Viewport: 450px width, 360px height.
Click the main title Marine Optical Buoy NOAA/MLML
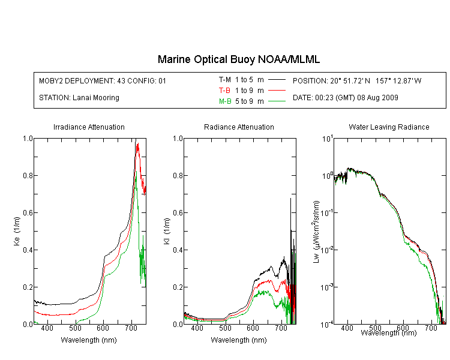point(238,59)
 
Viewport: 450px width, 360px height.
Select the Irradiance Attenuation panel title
point(89,127)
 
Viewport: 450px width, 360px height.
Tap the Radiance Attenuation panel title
point(239,127)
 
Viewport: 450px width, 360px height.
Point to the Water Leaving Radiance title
point(389,127)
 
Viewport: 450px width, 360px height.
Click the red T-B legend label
point(224,91)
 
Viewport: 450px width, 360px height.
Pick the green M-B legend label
point(225,101)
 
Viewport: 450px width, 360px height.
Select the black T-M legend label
point(225,80)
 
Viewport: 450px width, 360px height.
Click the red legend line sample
point(277,91)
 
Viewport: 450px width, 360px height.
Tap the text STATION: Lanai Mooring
point(79,98)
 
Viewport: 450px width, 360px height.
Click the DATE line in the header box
point(345,98)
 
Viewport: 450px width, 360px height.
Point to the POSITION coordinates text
point(357,81)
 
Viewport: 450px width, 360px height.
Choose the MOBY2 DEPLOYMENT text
point(103,81)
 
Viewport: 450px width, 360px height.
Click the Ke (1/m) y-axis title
point(17,231)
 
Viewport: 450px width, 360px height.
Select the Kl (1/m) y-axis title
point(167,231)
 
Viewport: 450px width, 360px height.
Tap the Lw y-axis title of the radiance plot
point(316,232)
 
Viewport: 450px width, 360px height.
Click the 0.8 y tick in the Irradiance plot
point(28,175)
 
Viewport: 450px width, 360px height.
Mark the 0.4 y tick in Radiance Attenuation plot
point(178,250)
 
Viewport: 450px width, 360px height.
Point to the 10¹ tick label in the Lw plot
point(328,139)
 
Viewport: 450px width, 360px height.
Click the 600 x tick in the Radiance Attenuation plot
point(253,328)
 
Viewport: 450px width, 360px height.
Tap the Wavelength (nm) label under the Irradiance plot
point(89,340)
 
